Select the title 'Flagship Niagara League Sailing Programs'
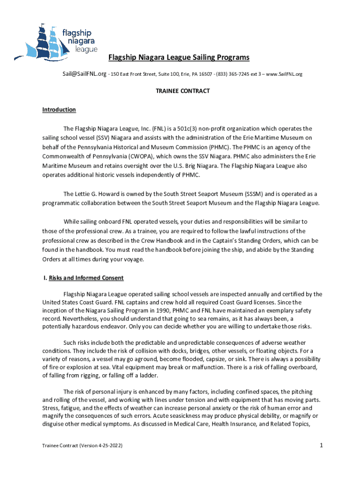pos(179,58)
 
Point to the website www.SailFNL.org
pos(284,74)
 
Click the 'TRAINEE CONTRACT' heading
pos(182,91)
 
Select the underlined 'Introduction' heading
pos(59,110)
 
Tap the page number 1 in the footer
pos(322,446)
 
